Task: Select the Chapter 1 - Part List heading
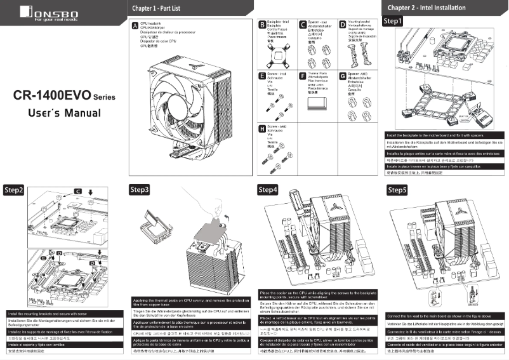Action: click(157, 8)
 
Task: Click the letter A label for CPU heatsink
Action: click(134, 25)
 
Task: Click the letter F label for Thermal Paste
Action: click(302, 76)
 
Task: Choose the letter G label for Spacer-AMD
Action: click(343, 76)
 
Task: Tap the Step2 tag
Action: click(14, 190)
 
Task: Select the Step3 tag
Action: click(140, 190)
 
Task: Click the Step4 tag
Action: click(267, 190)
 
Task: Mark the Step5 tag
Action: click(397, 190)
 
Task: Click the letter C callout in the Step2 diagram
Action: click(77, 190)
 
